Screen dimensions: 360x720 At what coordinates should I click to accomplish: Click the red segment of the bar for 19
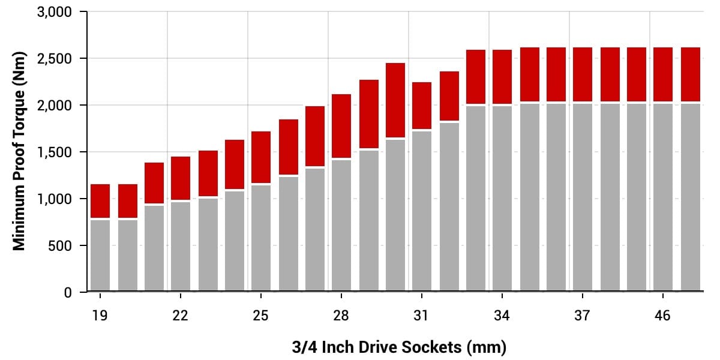coord(100,200)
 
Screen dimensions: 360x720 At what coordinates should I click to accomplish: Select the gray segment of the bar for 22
coord(181,246)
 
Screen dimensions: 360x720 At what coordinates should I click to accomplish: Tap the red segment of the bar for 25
coord(261,157)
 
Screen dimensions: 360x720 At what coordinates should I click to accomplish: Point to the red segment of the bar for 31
coord(422,106)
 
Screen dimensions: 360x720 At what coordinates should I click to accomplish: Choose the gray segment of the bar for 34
coord(502,198)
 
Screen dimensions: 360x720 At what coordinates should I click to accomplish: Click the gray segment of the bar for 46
coord(663,198)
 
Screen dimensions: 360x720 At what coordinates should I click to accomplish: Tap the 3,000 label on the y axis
coord(55,12)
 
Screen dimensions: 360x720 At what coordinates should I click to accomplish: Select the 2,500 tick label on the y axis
coord(55,59)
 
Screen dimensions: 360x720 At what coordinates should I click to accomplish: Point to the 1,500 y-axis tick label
coord(55,152)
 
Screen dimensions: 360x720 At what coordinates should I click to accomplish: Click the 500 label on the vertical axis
coord(60,246)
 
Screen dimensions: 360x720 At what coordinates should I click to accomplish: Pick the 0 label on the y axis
coord(68,293)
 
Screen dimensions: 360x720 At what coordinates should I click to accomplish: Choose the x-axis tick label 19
coord(100,315)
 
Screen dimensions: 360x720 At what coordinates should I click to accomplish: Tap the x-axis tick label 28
coord(341,315)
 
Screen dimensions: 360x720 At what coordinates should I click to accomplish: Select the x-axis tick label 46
coord(663,315)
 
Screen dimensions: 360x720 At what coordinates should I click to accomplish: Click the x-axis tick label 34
coord(502,315)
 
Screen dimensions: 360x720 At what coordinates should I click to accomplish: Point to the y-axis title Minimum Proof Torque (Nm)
coord(19,152)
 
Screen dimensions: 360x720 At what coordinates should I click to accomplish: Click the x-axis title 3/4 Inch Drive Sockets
coord(399,347)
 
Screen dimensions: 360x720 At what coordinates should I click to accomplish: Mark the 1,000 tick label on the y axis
coord(55,199)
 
